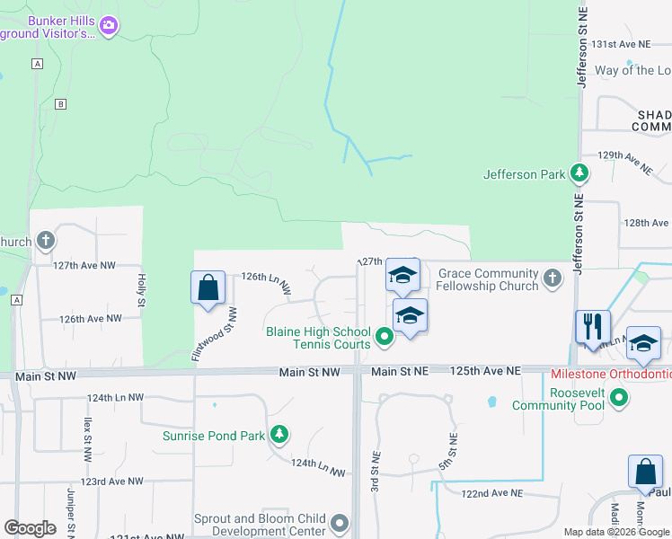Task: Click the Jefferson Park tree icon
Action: tap(581, 173)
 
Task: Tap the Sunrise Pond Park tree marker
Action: tap(279, 436)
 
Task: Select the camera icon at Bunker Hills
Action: tap(109, 26)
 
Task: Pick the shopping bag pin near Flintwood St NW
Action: tap(208, 288)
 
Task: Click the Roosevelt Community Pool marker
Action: tap(619, 396)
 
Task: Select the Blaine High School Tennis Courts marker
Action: tap(385, 338)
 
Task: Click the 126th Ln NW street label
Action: tap(266, 282)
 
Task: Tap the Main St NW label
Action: tap(309, 371)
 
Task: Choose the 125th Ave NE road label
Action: tap(486, 370)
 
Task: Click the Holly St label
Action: tap(141, 289)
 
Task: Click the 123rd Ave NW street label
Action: tap(111, 482)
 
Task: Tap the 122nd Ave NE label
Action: tap(492, 493)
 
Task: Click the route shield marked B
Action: tap(60, 103)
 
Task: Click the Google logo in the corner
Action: tap(30, 528)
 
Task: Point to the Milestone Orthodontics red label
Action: tap(610, 373)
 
